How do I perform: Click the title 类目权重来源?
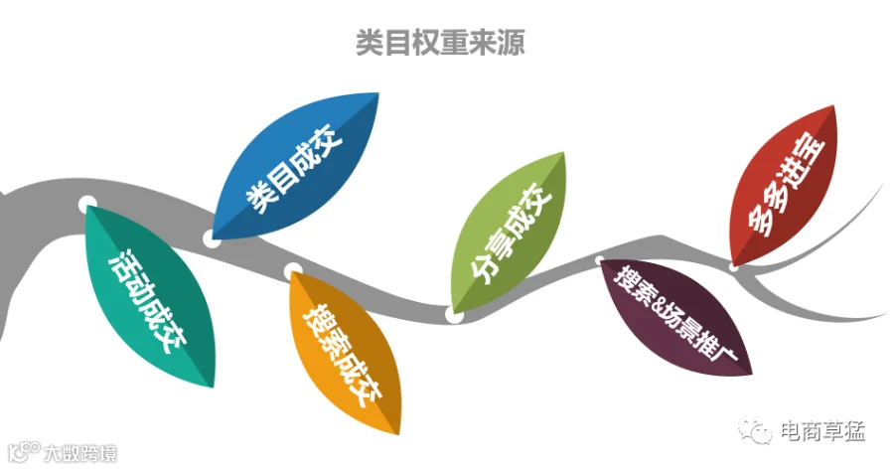click(x=440, y=43)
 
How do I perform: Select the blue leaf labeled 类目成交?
click(x=296, y=165)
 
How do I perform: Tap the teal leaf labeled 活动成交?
click(x=149, y=295)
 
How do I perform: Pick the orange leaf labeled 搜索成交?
click(x=345, y=352)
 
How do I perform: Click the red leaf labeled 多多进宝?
click(x=785, y=186)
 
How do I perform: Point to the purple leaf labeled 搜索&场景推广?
click(x=676, y=317)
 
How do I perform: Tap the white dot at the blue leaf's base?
click(x=212, y=239)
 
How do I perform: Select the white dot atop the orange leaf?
click(x=293, y=271)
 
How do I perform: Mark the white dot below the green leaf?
click(x=454, y=314)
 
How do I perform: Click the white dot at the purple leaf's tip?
click(x=600, y=260)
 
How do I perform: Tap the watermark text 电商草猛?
click(x=822, y=431)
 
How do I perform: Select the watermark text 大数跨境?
click(x=80, y=453)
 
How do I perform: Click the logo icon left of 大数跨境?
click(x=26, y=452)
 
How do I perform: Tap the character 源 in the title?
click(x=511, y=43)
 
